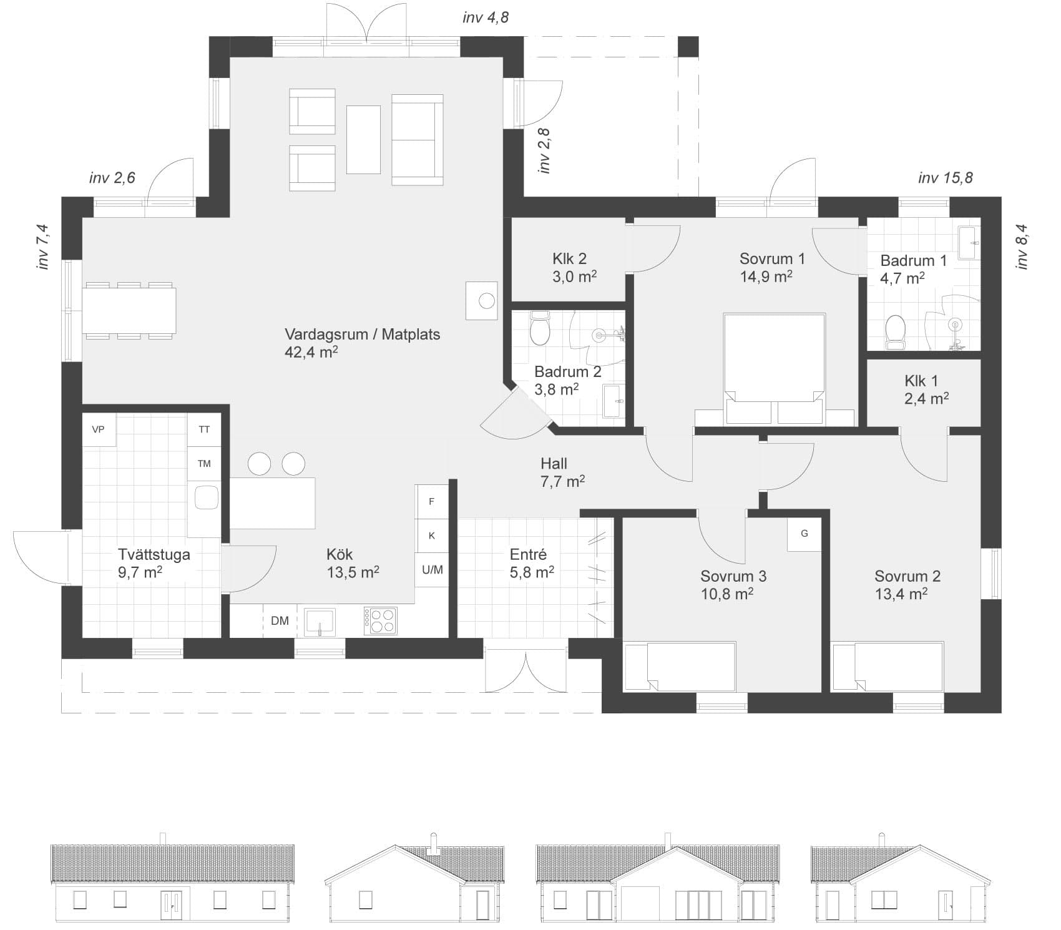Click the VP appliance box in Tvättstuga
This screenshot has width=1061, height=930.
(99, 430)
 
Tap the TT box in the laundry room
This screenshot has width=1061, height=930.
(204, 430)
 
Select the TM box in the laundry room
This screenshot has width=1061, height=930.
(204, 464)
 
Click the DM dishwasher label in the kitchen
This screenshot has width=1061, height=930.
(280, 620)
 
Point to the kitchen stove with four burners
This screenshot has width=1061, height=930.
(380, 620)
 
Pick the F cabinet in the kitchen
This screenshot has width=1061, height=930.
(432, 502)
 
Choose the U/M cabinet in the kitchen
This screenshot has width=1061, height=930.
(432, 570)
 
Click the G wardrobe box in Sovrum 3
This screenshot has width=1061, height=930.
(804, 534)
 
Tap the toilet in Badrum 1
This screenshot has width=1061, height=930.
(896, 331)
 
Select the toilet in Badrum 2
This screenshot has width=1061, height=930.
(539, 329)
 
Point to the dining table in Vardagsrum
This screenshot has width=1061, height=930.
(129, 310)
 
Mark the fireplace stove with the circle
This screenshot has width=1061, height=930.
(482, 301)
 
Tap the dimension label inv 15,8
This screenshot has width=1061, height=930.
(946, 179)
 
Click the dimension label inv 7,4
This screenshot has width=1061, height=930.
(43, 247)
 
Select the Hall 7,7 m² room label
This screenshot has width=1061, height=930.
(562, 472)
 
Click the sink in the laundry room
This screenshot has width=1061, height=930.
(206, 498)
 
